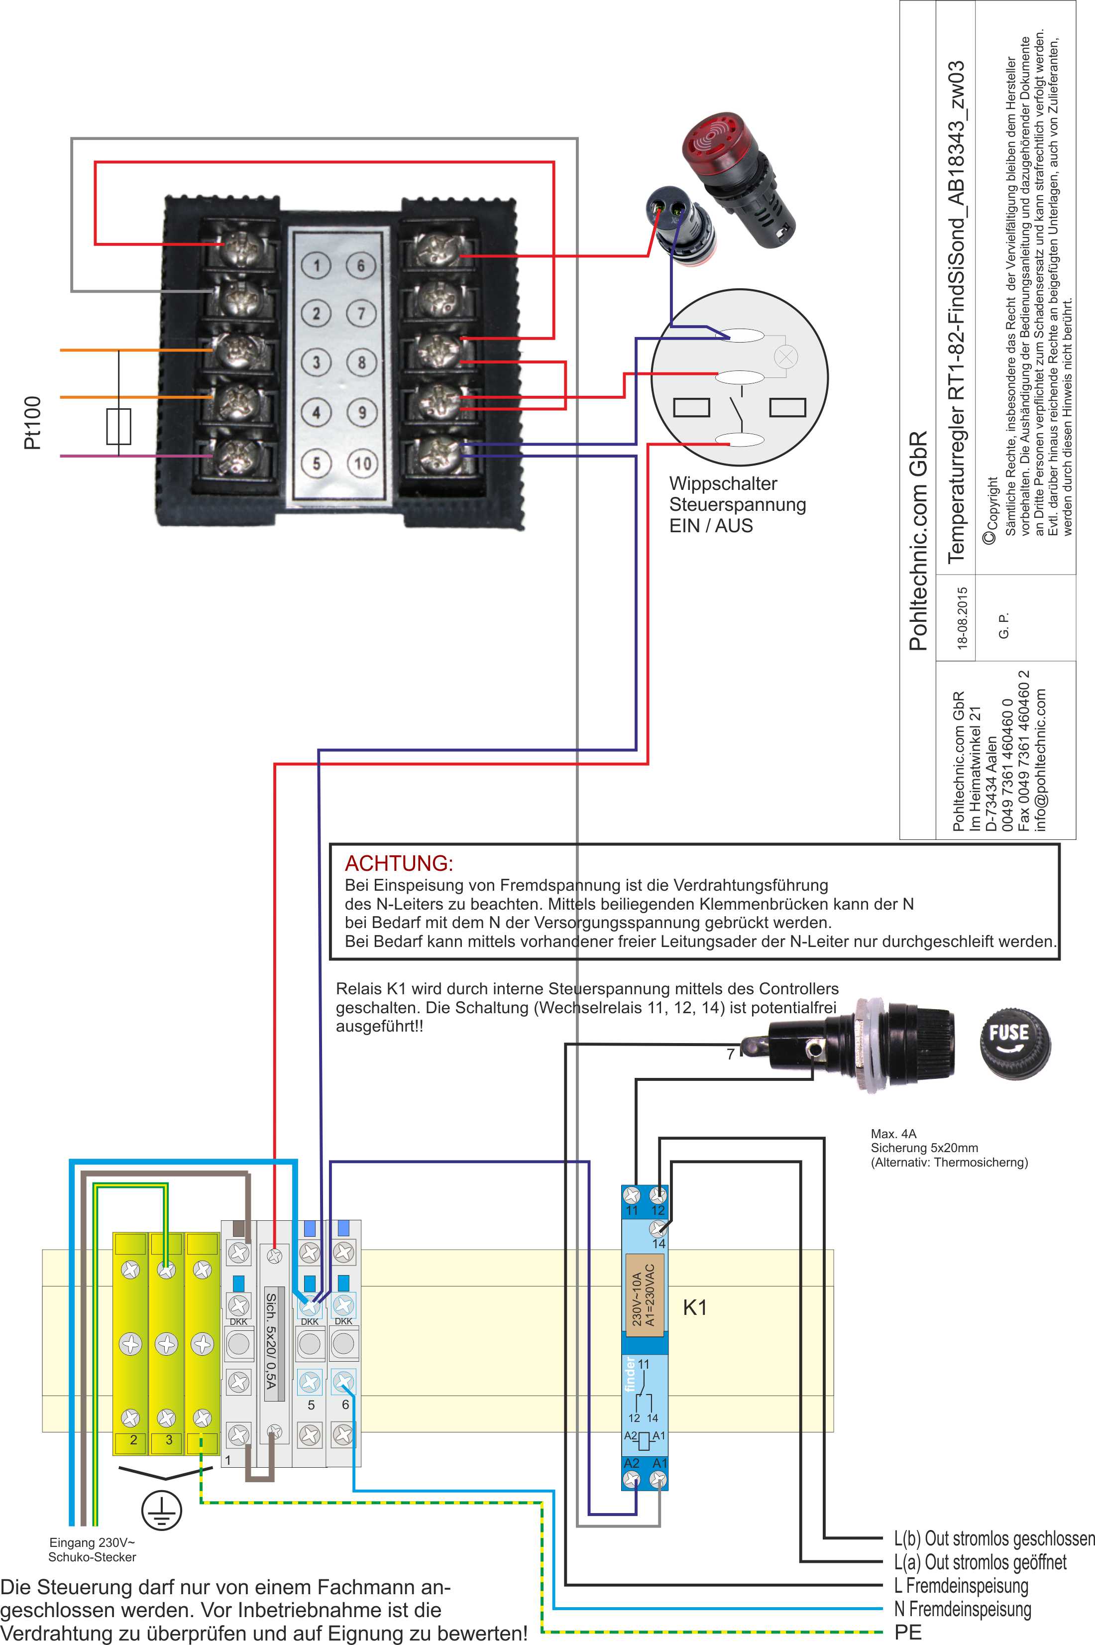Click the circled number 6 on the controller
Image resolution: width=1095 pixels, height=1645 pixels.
pyautogui.click(x=361, y=265)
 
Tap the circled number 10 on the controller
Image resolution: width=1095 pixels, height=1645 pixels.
pyautogui.click(x=362, y=463)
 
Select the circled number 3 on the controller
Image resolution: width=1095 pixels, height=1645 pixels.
pyautogui.click(x=317, y=362)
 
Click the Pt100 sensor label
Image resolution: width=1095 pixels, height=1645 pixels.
pyautogui.click(x=32, y=423)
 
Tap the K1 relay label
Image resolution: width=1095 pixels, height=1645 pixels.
pyautogui.click(x=694, y=1307)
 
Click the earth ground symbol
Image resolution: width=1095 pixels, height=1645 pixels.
pyautogui.click(x=161, y=1511)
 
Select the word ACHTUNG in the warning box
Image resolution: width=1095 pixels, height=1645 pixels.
pyautogui.click(x=399, y=863)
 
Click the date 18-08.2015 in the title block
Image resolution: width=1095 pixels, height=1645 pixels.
pyautogui.click(x=962, y=619)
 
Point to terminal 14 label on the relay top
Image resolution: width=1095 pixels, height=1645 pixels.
pyautogui.click(x=658, y=1243)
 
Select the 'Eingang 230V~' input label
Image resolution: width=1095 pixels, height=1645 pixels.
pyautogui.click(x=92, y=1542)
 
